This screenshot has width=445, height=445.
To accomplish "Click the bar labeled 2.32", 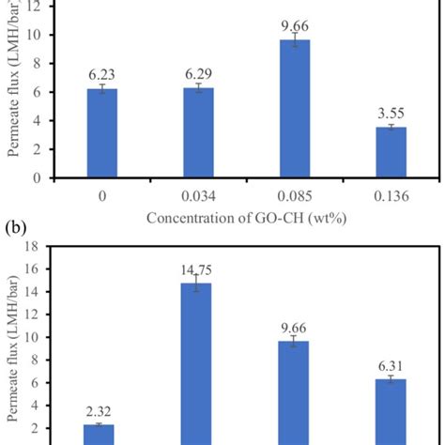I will pos(100,435).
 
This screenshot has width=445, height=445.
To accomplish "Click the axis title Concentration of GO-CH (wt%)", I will pos(247,219).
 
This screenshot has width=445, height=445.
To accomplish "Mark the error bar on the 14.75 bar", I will pos(198,284).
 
